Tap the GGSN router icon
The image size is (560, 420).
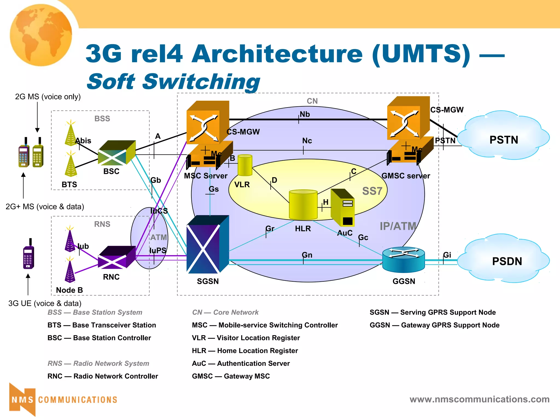(404, 260)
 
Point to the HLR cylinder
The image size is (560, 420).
(303, 205)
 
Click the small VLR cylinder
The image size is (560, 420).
(245, 165)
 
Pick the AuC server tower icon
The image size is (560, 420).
(343, 208)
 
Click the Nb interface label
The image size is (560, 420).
(305, 114)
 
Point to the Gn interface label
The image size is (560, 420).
(307, 255)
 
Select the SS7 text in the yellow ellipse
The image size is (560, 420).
(372, 191)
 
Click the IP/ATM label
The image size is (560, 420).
(398, 226)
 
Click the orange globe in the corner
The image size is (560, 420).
(41, 35)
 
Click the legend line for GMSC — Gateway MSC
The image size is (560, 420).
(231, 376)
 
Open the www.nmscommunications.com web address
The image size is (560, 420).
(479, 399)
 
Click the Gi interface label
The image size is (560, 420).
(447, 255)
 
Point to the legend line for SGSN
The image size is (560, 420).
(433, 312)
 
